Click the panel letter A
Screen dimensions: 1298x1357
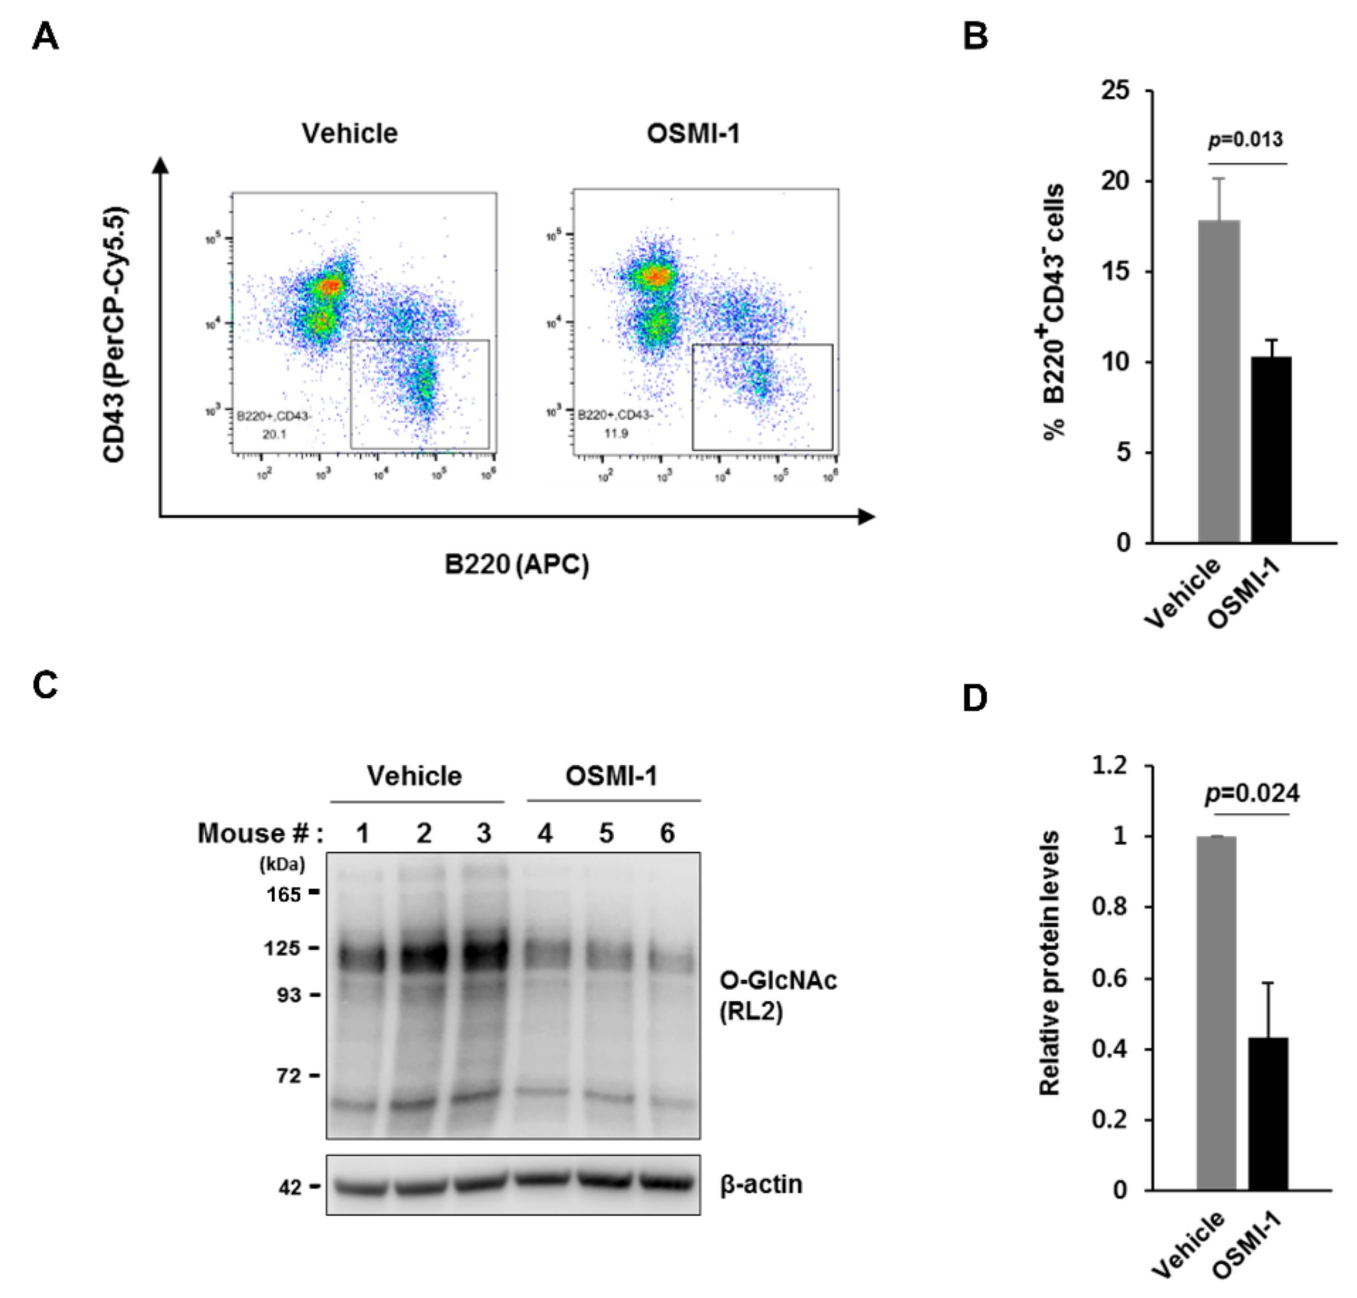click(45, 36)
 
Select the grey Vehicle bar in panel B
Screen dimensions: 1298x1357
click(1219, 380)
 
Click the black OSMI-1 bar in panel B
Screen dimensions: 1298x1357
click(1271, 450)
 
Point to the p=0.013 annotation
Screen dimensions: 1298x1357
click(1246, 140)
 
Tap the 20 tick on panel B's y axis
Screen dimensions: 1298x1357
click(1115, 181)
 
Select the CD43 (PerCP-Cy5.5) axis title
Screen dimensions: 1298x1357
click(114, 334)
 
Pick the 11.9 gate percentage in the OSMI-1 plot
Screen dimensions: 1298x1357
click(615, 433)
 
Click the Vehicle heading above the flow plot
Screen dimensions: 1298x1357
click(349, 133)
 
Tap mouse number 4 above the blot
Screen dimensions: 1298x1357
click(545, 833)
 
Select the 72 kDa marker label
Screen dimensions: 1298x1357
click(289, 1075)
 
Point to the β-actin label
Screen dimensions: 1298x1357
click(761, 1184)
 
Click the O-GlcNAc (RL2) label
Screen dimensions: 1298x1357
click(778, 996)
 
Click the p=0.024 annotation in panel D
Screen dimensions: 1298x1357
click(1252, 794)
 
